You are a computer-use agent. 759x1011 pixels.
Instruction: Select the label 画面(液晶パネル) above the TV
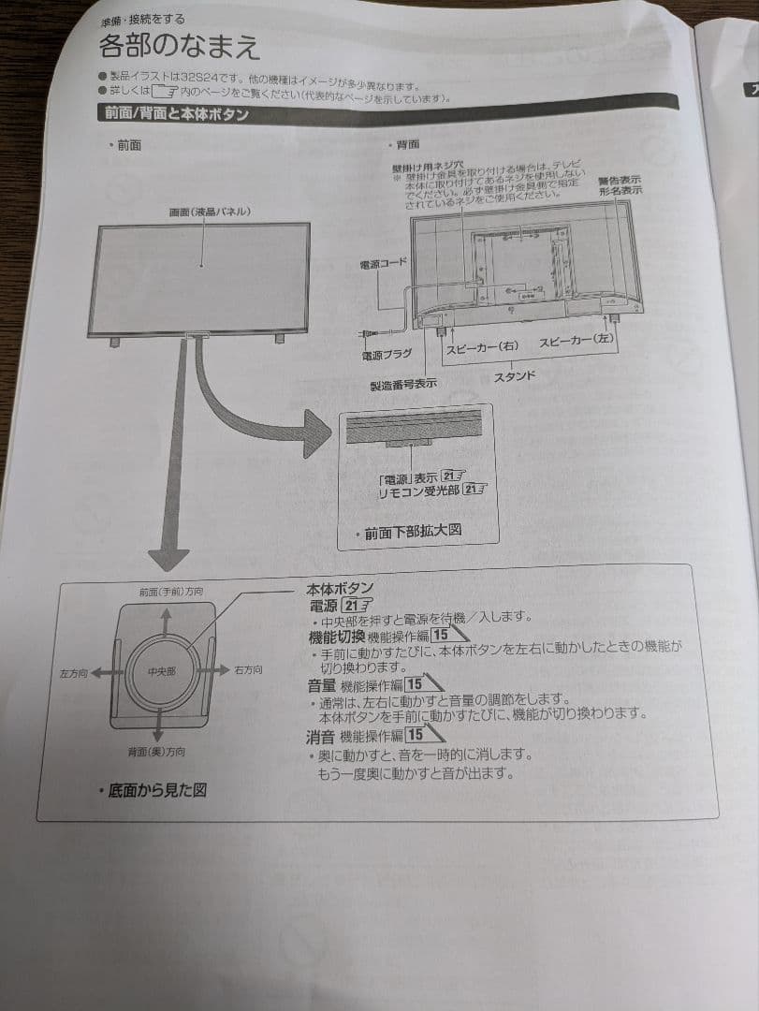click(209, 212)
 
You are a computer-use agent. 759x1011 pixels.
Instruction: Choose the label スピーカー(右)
click(482, 346)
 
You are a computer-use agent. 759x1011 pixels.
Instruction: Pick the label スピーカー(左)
click(576, 342)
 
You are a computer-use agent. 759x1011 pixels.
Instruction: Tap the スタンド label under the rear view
click(515, 375)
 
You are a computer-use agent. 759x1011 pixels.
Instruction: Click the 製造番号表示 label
click(403, 384)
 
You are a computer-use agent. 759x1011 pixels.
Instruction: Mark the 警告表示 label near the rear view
click(620, 179)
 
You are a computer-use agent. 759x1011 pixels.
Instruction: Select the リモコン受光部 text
click(416, 491)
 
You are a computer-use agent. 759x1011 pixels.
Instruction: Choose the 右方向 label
click(248, 670)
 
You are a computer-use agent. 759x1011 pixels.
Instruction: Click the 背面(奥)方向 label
click(156, 752)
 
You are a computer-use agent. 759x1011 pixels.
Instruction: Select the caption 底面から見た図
click(156, 790)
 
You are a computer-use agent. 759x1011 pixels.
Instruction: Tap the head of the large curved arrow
click(314, 432)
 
